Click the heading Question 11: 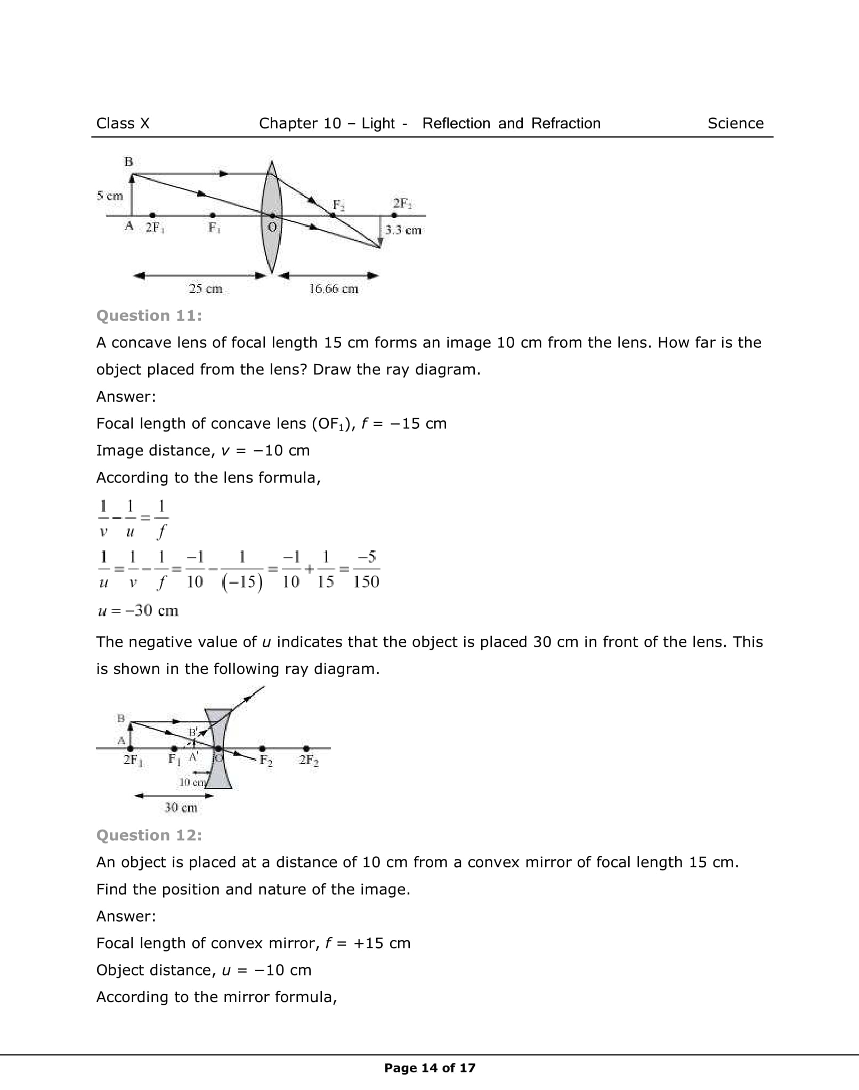(149, 316)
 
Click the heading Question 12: (149, 835)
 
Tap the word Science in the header (735, 124)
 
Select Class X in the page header (123, 124)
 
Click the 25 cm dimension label (205, 289)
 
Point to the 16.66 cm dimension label (334, 289)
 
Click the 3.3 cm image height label (403, 230)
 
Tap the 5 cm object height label (110, 196)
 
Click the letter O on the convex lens (272, 227)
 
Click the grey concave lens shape (218, 772)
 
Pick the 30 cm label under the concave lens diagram (181, 808)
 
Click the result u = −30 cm (138, 611)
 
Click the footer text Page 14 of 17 (429, 1068)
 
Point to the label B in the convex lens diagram (128, 162)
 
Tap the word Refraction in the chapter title (566, 124)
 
